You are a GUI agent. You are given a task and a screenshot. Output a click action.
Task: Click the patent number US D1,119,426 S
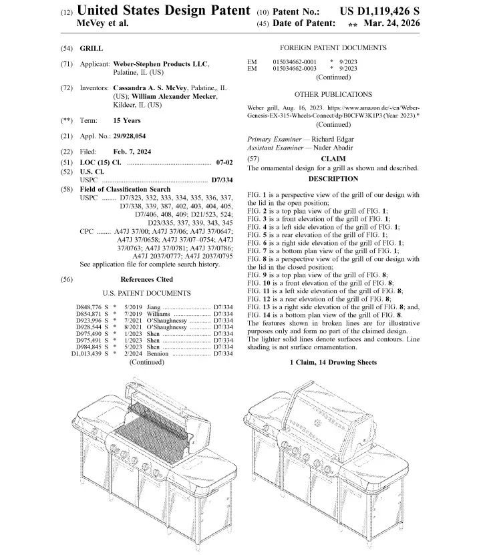pos(379,11)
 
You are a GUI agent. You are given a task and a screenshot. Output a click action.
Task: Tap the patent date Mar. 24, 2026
pos(391,23)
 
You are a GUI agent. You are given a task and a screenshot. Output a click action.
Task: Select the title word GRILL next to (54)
pos(92,49)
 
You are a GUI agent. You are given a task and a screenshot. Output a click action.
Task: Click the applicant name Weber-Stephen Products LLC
pos(160,64)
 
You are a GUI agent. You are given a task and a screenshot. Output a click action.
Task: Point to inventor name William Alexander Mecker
pos(174,96)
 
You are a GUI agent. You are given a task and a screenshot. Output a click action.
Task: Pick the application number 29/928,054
pos(129,136)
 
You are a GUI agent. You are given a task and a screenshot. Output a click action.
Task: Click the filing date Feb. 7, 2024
pos(132,152)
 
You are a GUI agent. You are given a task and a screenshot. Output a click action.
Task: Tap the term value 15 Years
pos(127,121)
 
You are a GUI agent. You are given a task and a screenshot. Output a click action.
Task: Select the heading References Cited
pos(146,280)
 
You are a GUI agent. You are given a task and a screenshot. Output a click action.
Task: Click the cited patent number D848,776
pos(88,307)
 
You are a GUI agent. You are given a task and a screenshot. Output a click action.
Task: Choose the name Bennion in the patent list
pos(158,353)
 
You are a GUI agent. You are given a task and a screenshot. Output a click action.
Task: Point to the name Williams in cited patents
pos(158,314)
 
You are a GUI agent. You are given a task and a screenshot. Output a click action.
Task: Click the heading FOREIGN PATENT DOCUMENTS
pos(333,48)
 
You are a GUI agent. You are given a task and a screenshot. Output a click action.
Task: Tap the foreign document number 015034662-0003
pos(295,69)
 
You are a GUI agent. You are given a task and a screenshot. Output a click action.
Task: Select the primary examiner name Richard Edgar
pos(332,140)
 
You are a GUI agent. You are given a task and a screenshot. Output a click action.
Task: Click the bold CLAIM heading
pos(333,159)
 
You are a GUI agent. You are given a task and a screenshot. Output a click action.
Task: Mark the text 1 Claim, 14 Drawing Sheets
pos(333,363)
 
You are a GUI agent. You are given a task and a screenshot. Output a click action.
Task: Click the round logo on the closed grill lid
pos(317,422)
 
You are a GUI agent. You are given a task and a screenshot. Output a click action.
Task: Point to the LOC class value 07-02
pos(224,163)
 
